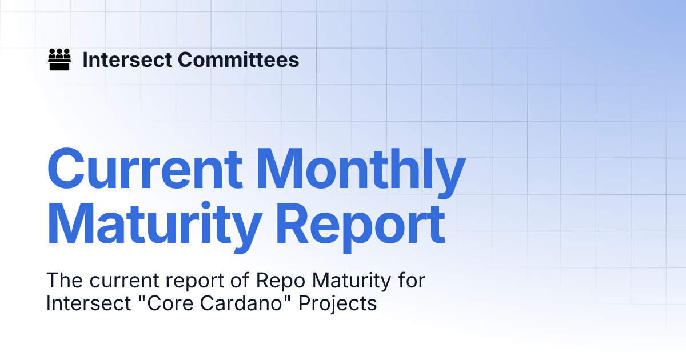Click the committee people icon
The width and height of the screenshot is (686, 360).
pyautogui.click(x=59, y=59)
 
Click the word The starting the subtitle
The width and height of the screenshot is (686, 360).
pyautogui.click(x=65, y=281)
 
